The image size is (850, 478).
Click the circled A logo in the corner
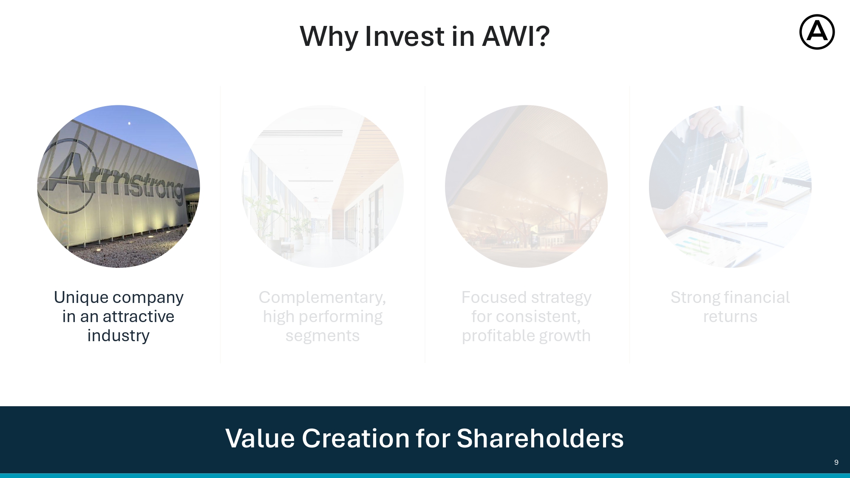click(817, 32)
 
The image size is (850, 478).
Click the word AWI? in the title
click(516, 36)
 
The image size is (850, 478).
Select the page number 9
click(836, 462)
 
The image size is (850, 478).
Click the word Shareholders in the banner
click(540, 438)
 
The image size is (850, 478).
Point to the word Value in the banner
click(260, 438)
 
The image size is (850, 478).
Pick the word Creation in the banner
click(356, 438)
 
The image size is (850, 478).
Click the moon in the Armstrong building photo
click(129, 124)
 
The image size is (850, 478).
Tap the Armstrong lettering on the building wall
click(113, 181)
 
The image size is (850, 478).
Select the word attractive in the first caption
click(139, 317)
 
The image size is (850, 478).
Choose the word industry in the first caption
click(119, 336)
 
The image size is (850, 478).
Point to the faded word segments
click(323, 336)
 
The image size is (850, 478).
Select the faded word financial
click(757, 297)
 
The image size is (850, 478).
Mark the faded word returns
click(730, 317)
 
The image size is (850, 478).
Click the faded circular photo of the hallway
click(323, 187)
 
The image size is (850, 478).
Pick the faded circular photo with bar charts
click(730, 187)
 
